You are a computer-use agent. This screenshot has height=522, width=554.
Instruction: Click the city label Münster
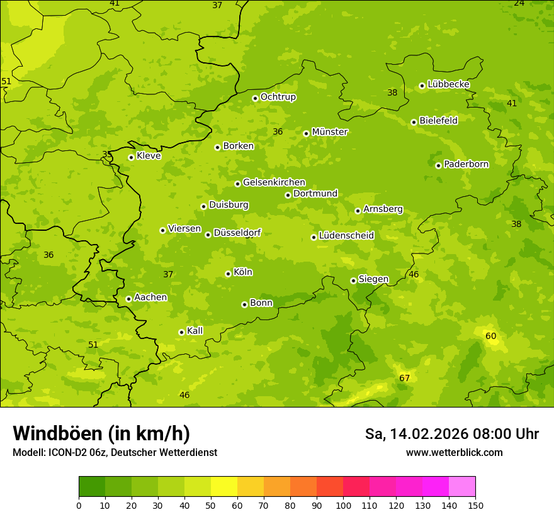click(330, 132)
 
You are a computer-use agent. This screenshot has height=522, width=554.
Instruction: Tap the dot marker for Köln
click(228, 274)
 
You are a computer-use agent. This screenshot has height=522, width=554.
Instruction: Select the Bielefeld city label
click(438, 120)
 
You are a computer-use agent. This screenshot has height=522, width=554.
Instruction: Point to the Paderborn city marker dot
click(438, 165)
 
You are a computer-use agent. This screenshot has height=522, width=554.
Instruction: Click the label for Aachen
click(150, 297)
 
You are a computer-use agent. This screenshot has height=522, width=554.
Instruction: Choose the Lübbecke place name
click(448, 84)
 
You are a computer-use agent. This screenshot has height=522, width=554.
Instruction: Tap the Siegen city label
click(373, 279)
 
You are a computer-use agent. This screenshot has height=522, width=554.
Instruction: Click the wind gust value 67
click(405, 378)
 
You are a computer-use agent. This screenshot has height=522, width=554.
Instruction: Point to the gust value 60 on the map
click(491, 336)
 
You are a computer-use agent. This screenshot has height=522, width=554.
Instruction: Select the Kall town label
click(195, 331)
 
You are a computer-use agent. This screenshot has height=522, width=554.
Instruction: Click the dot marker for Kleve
click(131, 157)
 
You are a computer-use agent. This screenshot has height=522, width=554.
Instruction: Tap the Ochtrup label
click(278, 97)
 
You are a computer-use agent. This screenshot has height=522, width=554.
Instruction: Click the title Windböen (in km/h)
click(101, 433)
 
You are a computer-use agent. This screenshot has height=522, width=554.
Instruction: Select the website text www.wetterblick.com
click(454, 453)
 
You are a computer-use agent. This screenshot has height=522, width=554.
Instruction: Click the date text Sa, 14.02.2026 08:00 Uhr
click(451, 434)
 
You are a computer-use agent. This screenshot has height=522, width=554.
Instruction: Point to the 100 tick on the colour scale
click(343, 505)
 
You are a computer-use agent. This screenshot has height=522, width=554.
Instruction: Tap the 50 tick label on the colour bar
click(211, 505)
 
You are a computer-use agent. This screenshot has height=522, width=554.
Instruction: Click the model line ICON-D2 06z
click(115, 453)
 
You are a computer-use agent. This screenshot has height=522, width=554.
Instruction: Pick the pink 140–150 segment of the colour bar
click(462, 487)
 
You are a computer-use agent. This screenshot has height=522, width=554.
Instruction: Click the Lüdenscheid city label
click(346, 236)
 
